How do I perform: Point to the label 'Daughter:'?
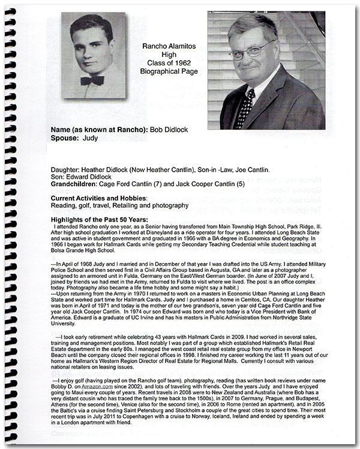point(68,170)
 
